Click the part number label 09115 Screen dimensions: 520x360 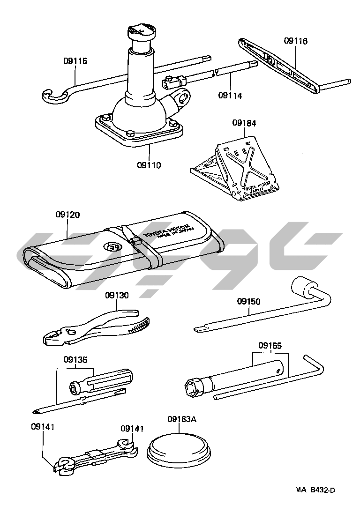click(75, 61)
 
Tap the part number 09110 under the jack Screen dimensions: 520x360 click(149, 165)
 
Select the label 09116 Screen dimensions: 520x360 click(296, 41)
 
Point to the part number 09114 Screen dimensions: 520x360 click(230, 96)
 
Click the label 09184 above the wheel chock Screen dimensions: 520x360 click(244, 124)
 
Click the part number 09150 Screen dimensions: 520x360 click(248, 302)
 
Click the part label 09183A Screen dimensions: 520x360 click(182, 419)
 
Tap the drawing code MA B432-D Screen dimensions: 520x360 click(315, 490)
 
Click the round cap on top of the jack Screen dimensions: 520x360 click(140, 32)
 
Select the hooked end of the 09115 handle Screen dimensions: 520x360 click(51, 96)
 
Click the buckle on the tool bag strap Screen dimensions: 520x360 click(137, 242)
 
